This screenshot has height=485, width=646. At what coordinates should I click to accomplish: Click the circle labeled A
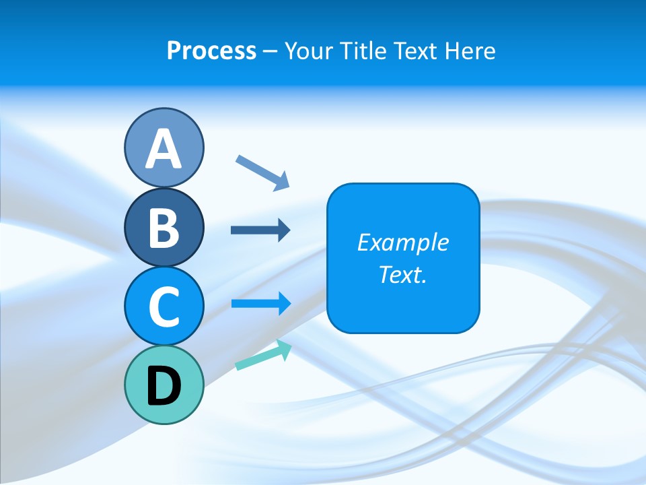[x=164, y=148]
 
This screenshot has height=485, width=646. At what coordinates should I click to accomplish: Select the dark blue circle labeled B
[x=164, y=227]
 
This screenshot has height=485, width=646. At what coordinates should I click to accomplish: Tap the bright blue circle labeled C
[x=164, y=305]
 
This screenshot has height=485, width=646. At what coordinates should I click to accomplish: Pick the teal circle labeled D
[x=164, y=385]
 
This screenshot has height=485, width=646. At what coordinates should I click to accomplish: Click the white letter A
[x=164, y=149]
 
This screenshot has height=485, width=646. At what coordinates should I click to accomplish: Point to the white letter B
[x=164, y=228]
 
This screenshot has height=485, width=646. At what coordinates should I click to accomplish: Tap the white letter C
[x=164, y=306]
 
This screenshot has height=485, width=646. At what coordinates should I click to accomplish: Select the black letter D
[x=164, y=386]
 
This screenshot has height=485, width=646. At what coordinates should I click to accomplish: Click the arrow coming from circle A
[x=263, y=172]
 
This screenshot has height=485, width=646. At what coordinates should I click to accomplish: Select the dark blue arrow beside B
[x=260, y=230]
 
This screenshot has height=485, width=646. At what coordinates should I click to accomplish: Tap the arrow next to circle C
[x=260, y=304]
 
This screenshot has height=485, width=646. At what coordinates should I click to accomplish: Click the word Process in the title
[x=211, y=51]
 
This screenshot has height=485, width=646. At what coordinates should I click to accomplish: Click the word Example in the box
[x=403, y=243]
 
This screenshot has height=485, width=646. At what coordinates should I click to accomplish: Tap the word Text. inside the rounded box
[x=403, y=274]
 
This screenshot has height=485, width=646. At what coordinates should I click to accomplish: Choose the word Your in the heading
[x=309, y=51]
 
